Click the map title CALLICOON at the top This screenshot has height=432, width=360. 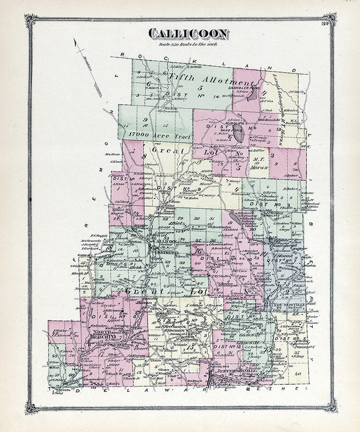188,34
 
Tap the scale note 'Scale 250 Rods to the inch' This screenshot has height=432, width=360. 188,44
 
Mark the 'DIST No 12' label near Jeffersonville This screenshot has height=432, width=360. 231,345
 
